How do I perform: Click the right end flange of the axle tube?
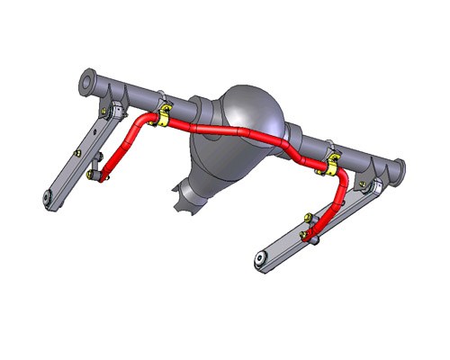click(x=398, y=168)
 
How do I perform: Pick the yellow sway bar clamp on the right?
click(x=332, y=163)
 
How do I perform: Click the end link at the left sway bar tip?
click(x=95, y=174)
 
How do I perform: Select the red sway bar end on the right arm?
click(x=314, y=237)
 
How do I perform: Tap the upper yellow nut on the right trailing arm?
click(x=309, y=217)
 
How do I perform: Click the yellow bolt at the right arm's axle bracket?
click(x=364, y=185)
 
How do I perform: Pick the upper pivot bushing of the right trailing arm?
click(x=376, y=187)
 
